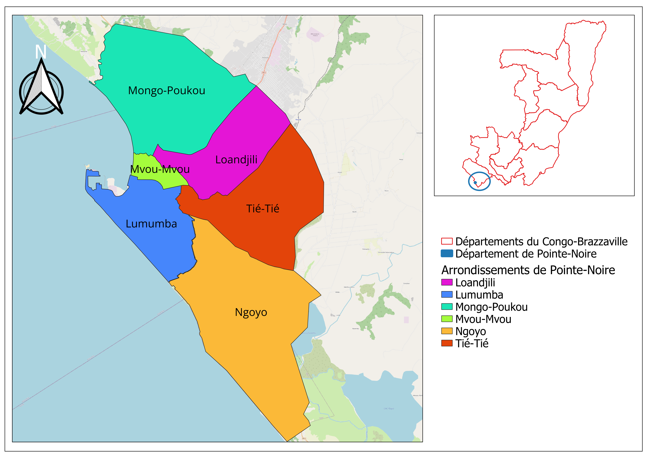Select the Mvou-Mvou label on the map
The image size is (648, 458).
[160, 169]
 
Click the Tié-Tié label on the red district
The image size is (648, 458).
[263, 209]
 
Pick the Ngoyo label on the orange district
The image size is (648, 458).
[251, 312]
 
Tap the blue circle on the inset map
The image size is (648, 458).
[479, 181]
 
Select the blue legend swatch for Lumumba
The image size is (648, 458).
[447, 295]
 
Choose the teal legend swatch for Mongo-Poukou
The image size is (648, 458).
[447, 307]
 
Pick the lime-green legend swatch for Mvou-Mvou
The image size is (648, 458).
[447, 319]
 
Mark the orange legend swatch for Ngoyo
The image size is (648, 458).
[447, 331]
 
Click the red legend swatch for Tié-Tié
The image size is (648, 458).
[447, 343]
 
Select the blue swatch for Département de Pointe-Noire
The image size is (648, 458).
[447, 253]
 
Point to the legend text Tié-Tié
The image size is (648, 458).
[472, 343]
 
